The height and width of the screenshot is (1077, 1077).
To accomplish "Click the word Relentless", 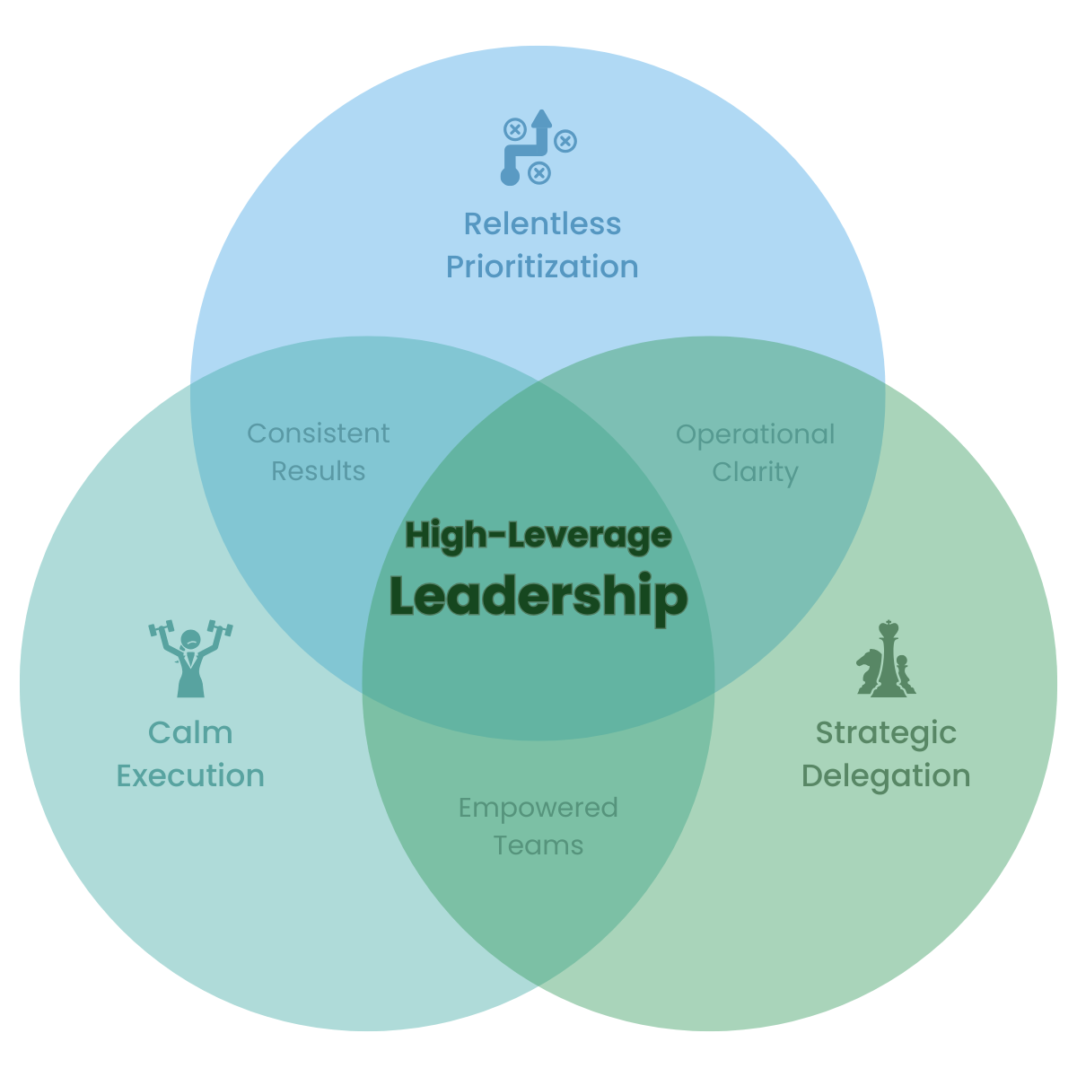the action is pos(542,223).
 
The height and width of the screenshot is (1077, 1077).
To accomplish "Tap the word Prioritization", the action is pos(542,267).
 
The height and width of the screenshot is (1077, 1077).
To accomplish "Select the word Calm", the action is pos(190,732).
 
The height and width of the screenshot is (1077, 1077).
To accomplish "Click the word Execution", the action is pos(190,775).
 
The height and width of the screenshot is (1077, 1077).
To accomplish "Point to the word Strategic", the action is pos(886,732).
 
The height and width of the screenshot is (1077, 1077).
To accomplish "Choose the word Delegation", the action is pos(886,775).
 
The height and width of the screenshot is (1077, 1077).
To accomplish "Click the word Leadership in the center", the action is pos(538,596).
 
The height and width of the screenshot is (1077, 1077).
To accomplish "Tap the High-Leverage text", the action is pos(538,536).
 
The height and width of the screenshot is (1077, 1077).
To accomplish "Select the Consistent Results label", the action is pos(319,452).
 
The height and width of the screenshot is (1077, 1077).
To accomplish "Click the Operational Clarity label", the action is pos(755,453).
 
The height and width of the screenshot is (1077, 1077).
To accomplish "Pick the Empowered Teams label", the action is pos(538,827).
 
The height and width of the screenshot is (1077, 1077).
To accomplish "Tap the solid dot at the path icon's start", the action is pos(510,176).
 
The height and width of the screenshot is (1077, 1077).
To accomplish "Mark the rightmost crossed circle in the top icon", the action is pos(565,141).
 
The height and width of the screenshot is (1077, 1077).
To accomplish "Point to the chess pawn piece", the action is pos(904,675).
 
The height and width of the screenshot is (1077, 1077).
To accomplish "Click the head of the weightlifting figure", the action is pos(190,640).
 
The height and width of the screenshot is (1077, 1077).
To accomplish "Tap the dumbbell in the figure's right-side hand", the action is pos(220,628).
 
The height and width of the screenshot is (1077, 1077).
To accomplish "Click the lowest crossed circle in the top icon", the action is pos(538,172).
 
